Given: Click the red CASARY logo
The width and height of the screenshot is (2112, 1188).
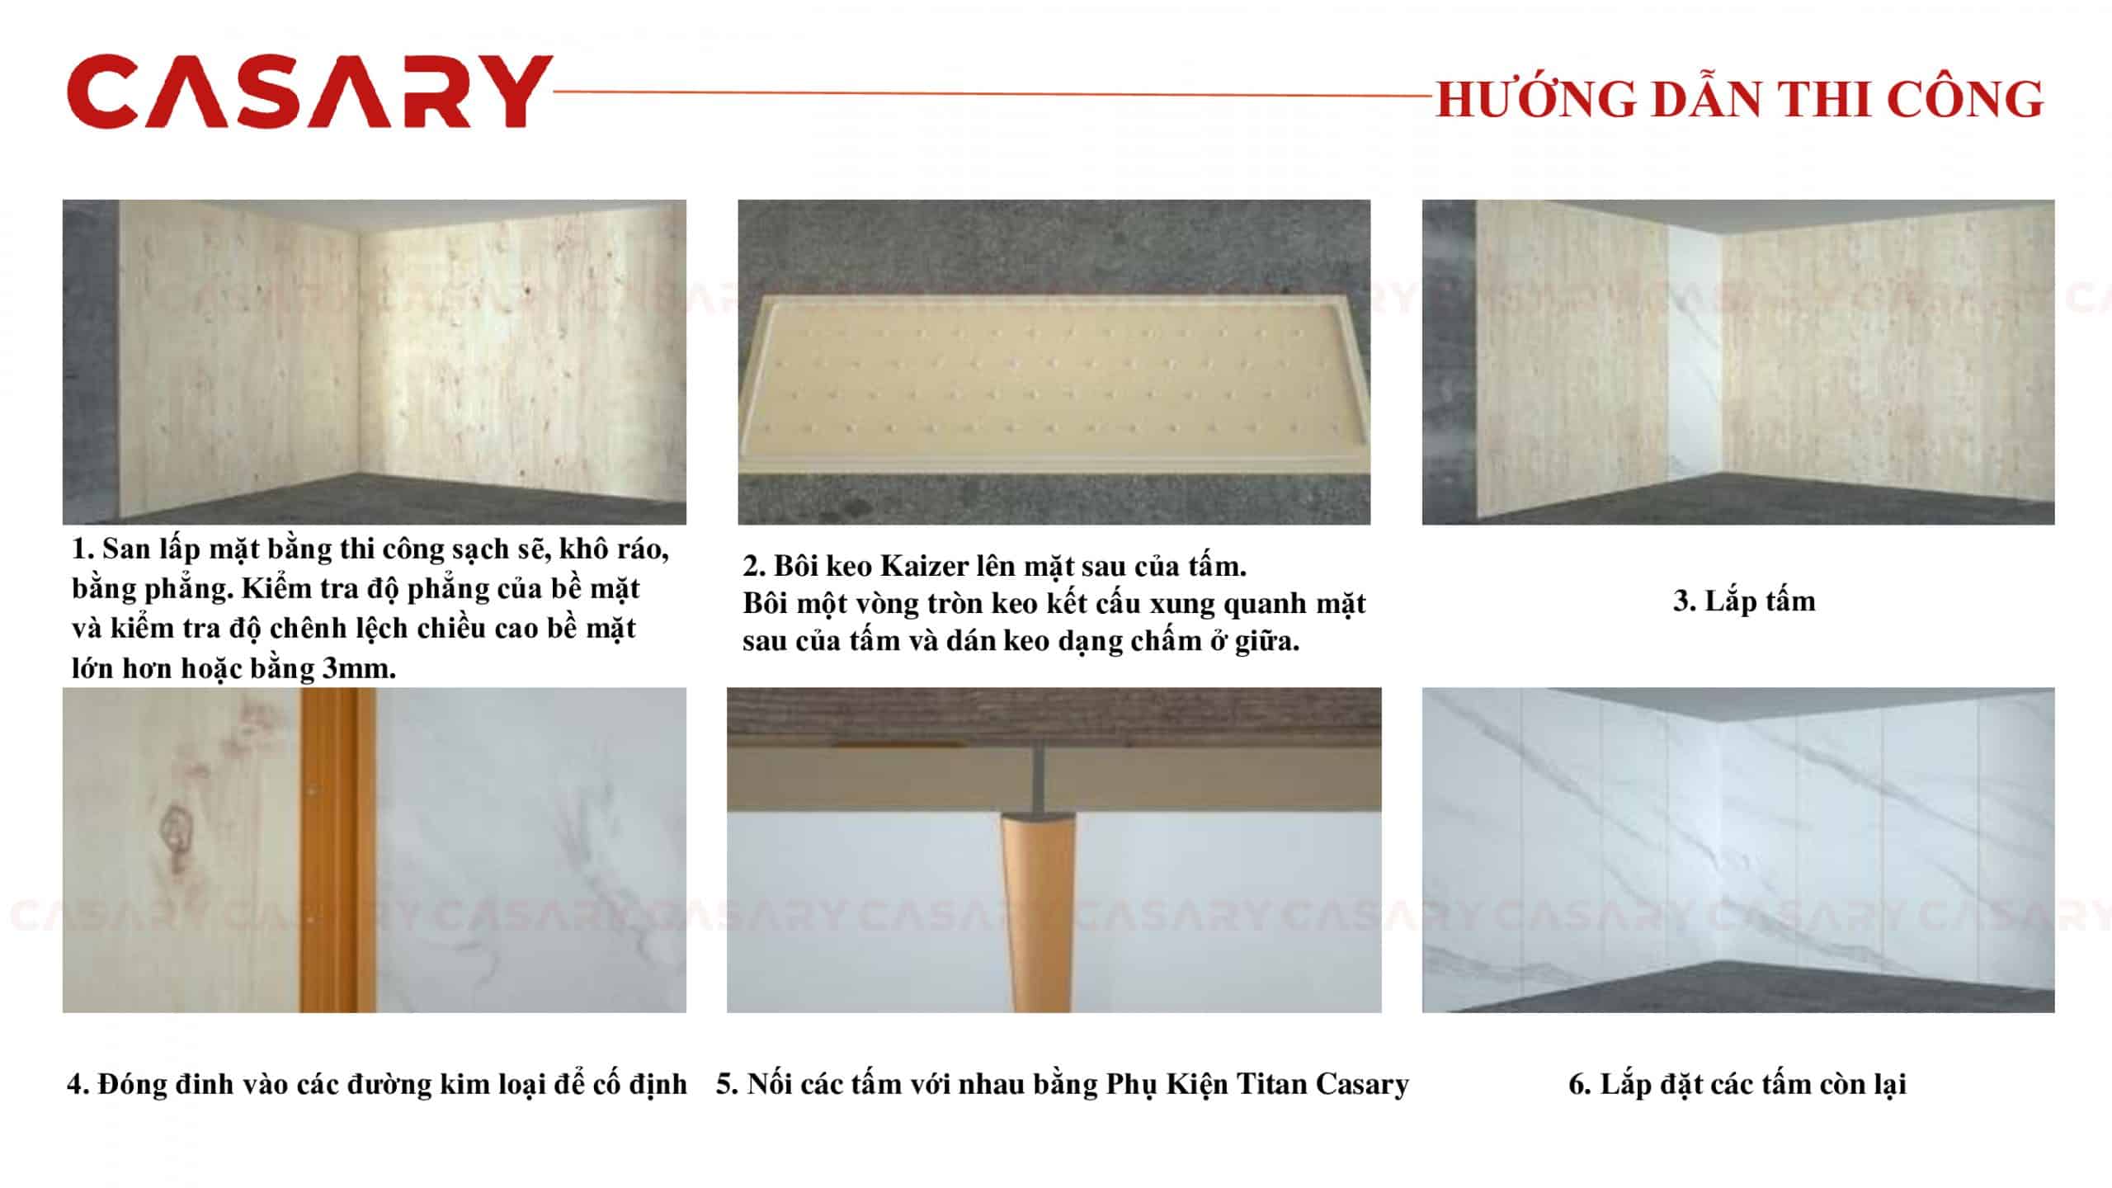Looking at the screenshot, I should point(309,92).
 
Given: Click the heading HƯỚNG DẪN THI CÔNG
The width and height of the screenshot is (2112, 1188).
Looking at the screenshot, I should point(1739,100).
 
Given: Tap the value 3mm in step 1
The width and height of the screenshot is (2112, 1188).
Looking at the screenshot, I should point(358,668).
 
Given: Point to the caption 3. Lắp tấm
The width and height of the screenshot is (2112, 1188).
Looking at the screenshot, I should point(1744,601).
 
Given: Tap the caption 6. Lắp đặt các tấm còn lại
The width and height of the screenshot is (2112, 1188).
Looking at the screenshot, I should point(1737,1083).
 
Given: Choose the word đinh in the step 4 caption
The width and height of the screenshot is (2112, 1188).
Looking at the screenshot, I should point(202,1084).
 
